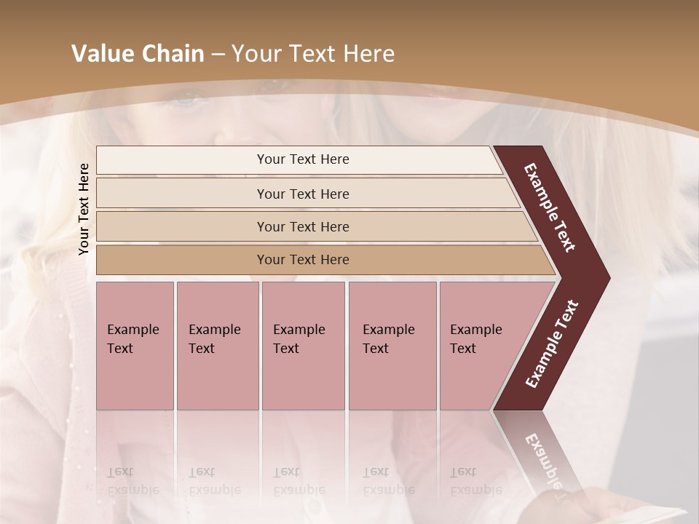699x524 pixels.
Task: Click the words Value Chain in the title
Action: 138,54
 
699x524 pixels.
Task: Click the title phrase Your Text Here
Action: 313,54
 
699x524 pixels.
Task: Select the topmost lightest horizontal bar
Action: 303,159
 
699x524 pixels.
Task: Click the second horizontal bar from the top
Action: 303,194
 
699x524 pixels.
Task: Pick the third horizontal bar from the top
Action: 303,226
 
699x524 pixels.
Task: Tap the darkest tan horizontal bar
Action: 303,260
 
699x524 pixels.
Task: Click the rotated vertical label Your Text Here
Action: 84,209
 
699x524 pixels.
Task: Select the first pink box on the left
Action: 135,345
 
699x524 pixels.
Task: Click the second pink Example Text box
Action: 217,345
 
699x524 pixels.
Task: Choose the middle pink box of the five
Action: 303,345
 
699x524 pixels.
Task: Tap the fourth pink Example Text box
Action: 392,345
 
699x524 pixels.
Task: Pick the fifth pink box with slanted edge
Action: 481,345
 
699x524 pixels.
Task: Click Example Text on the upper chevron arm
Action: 550,207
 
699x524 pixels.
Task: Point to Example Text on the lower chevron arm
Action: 553,344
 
